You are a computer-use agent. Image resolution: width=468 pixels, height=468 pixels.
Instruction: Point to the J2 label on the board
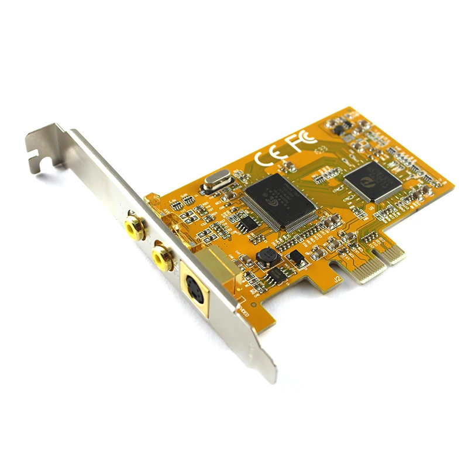[x=338, y=280]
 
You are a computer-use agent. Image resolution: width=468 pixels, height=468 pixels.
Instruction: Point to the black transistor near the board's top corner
[x=339, y=125]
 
